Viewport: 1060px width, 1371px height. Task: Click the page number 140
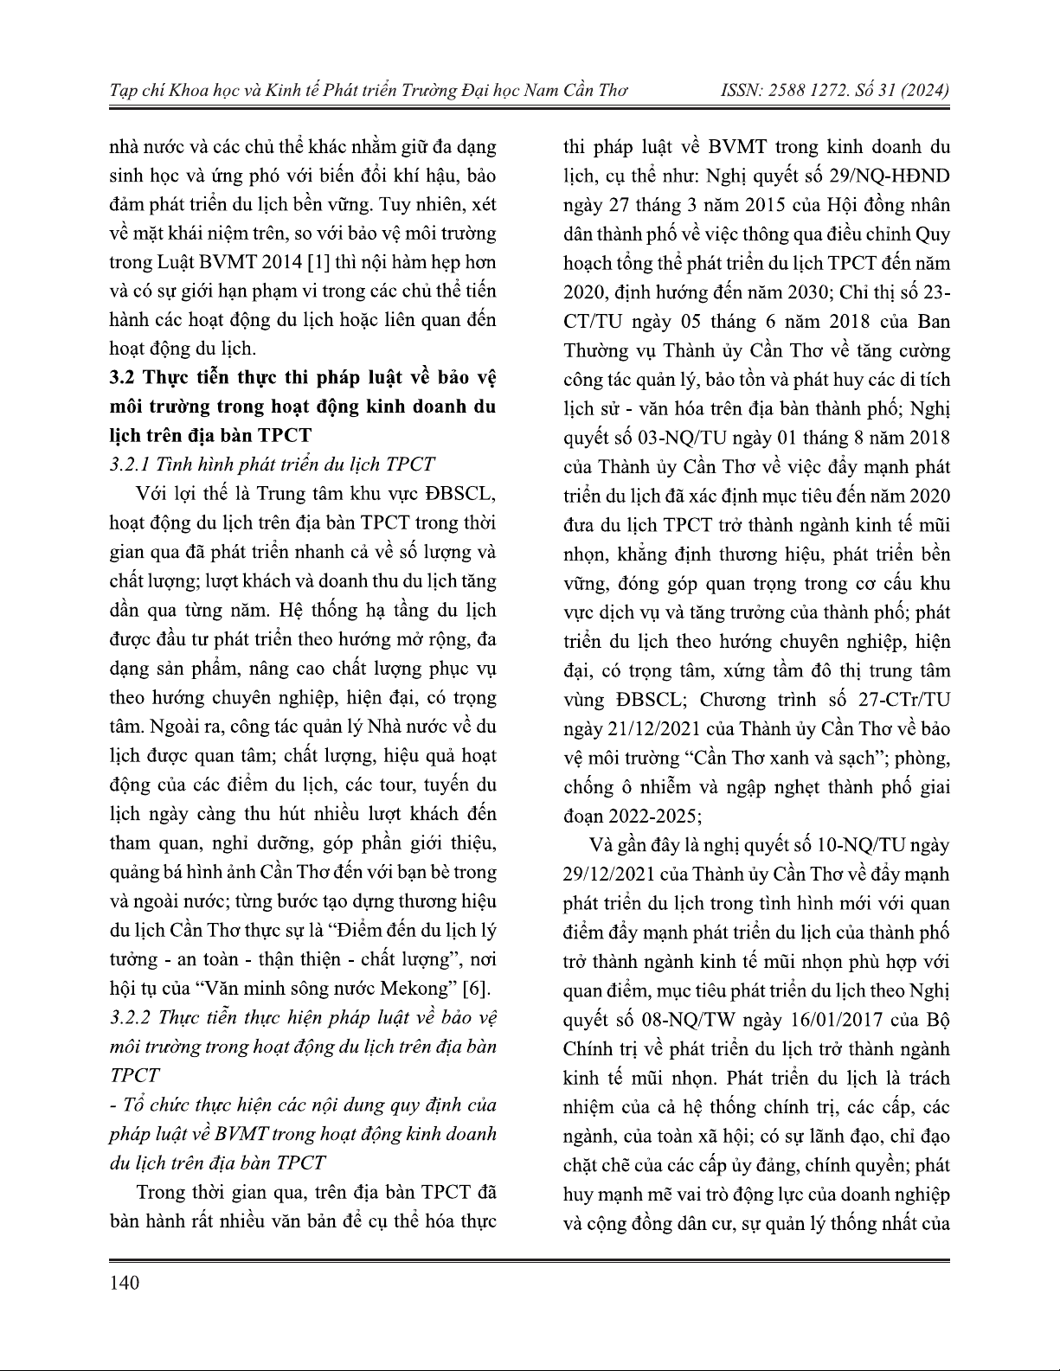tap(125, 1282)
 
